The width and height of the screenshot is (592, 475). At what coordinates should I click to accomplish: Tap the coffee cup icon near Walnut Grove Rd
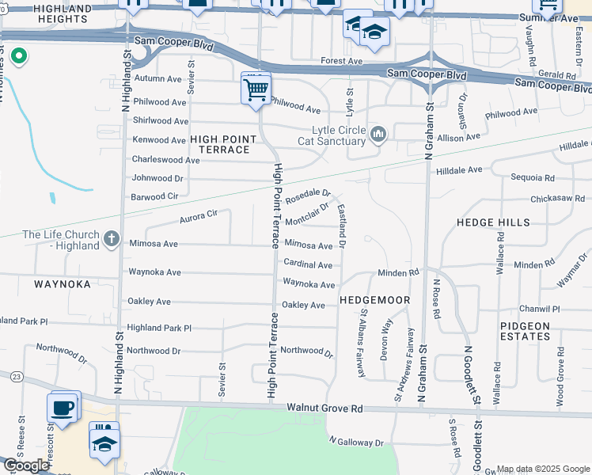(x=62, y=408)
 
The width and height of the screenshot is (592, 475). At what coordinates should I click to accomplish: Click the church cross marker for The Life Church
(x=112, y=237)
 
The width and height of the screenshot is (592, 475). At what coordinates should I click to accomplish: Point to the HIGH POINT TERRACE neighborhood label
(x=223, y=144)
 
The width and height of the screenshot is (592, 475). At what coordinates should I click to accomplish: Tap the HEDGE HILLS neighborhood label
(x=493, y=222)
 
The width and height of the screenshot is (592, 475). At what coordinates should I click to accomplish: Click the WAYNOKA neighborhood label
(x=62, y=283)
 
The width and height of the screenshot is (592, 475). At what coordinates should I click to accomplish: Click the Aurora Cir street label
(x=198, y=215)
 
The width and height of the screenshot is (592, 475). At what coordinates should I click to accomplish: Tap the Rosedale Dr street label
(x=308, y=195)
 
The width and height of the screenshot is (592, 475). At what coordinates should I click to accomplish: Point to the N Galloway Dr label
(x=356, y=442)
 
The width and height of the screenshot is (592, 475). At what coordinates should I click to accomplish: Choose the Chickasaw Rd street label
(x=558, y=198)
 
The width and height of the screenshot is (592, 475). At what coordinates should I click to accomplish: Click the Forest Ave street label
(x=341, y=61)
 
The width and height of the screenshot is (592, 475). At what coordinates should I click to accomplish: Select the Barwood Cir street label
(x=155, y=196)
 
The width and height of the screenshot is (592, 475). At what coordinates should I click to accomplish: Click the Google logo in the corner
(x=25, y=465)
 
